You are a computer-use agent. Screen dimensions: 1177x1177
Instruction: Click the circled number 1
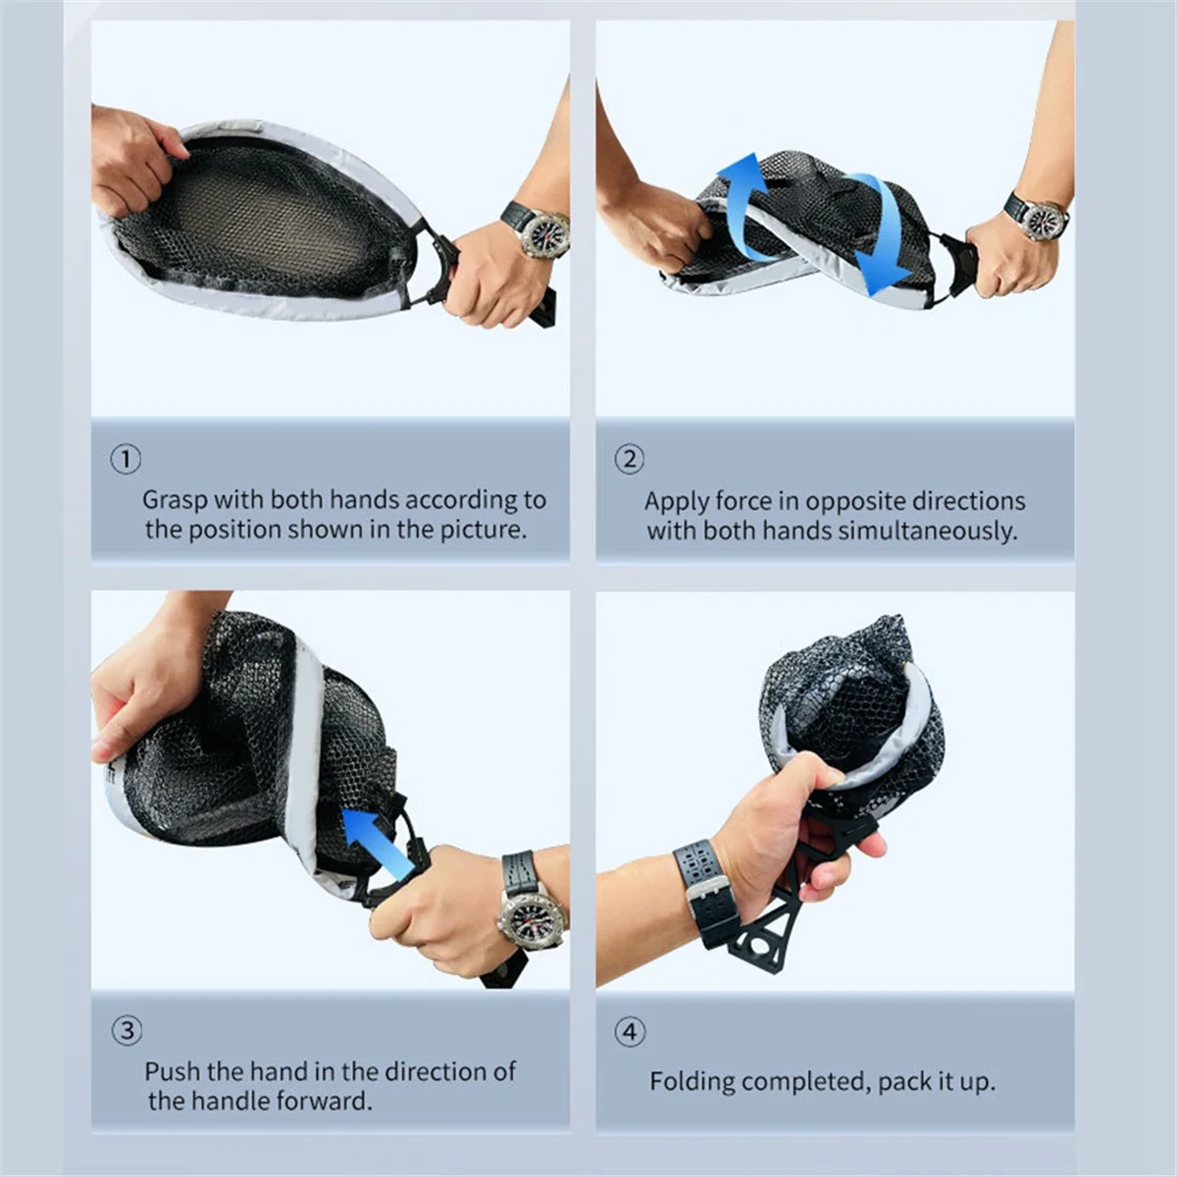point(126,459)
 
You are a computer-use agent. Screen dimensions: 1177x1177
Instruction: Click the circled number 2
point(629,459)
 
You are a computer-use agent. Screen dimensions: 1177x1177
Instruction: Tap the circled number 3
point(128,1030)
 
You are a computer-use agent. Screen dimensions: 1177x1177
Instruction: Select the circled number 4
point(630,1032)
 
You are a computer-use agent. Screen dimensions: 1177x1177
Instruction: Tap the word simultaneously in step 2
point(927,531)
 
